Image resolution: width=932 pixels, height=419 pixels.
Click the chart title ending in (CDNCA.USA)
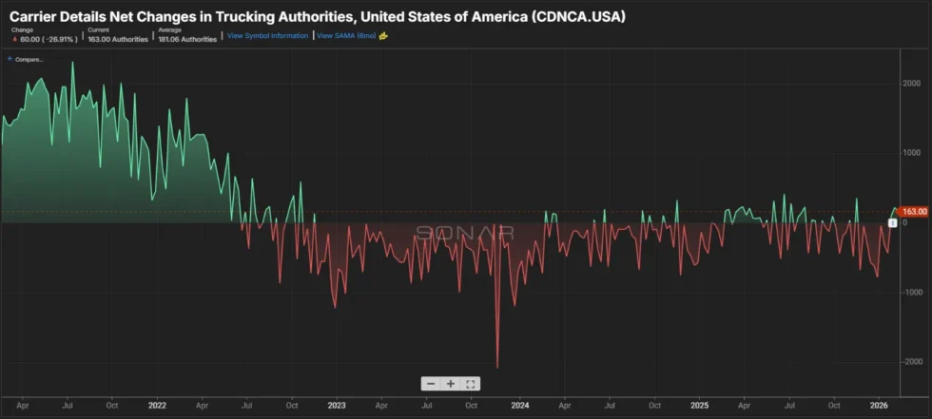coord(318,17)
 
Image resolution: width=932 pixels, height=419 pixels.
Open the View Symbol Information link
coord(267,36)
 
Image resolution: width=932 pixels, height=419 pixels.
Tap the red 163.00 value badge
coord(913,212)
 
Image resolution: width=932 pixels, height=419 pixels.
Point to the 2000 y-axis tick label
coord(912,84)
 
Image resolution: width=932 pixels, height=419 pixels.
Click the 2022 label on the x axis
coord(158,404)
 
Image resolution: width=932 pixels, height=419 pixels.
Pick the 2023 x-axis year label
coord(338,404)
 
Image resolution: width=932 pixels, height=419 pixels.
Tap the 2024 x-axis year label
coord(519,404)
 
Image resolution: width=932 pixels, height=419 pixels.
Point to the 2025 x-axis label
coord(699,404)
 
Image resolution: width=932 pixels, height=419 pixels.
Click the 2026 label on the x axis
coord(880,404)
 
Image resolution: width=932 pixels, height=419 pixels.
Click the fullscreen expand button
coord(472,384)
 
